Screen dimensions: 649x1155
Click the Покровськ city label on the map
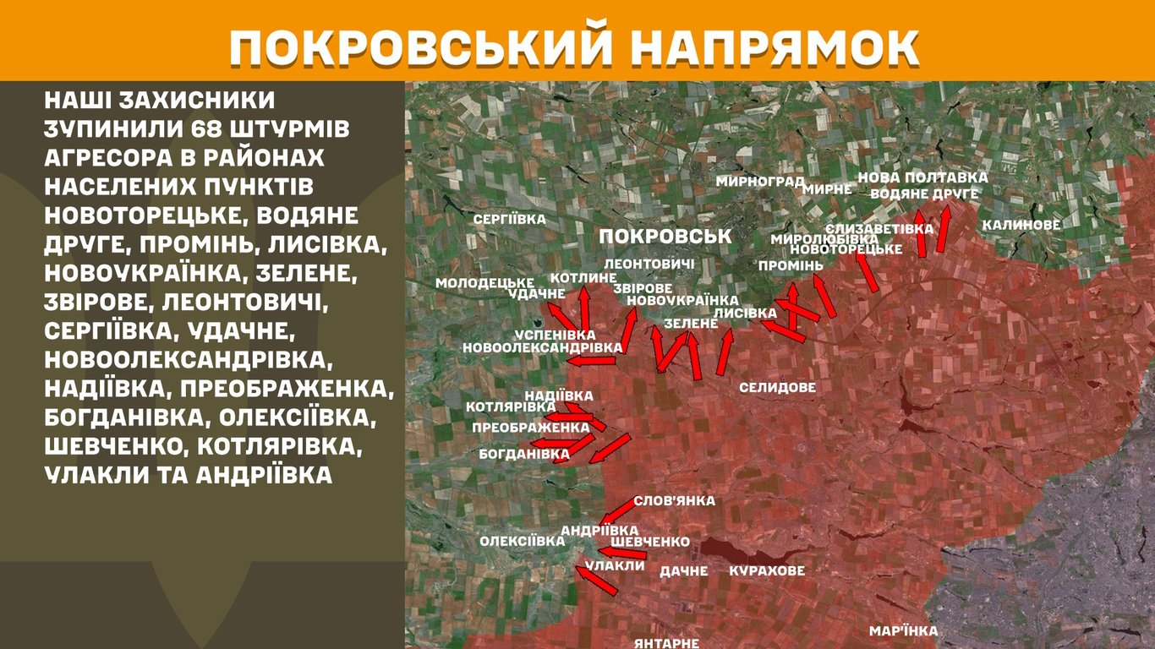[665, 236]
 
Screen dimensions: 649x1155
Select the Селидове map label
[777, 388]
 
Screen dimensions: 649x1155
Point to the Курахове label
[767, 570]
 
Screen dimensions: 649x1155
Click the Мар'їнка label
[904, 631]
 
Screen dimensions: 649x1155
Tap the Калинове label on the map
[1021, 226]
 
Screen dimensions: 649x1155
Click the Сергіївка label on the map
[510, 219]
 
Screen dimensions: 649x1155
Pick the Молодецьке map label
[485, 282]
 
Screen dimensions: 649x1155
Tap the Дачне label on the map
[683, 571]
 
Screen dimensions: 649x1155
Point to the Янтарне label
[667, 643]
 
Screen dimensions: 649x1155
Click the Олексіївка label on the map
[522, 541]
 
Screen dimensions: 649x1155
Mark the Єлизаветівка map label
[879, 229]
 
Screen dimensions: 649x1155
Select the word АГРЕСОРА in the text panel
[114, 160]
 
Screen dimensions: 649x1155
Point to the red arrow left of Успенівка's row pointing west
[590, 361]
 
